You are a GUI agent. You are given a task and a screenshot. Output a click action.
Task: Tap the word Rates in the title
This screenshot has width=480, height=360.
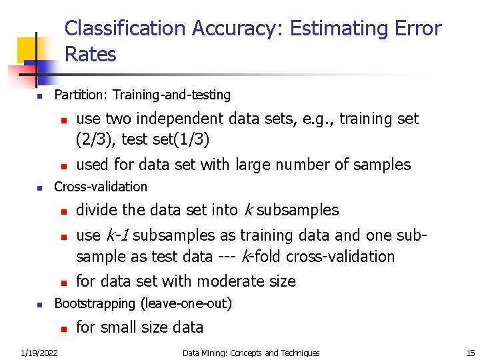(91, 54)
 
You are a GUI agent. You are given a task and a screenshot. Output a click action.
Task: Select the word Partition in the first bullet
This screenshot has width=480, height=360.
(80, 95)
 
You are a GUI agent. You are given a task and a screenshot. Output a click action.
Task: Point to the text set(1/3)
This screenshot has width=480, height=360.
(184, 139)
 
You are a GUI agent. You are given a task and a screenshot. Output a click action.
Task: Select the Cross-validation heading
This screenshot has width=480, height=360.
(101, 187)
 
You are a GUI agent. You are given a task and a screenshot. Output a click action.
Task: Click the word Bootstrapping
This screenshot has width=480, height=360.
(95, 304)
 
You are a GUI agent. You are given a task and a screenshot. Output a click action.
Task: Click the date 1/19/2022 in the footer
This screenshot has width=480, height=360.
(38, 353)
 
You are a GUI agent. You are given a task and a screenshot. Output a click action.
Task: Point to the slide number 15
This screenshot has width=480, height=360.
(471, 353)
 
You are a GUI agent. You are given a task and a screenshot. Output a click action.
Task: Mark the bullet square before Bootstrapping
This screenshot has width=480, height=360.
(39, 305)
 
